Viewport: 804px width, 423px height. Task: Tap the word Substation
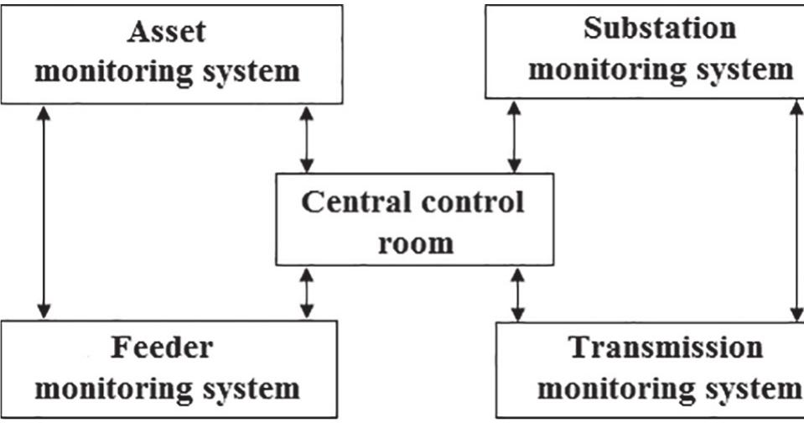[x=660, y=27]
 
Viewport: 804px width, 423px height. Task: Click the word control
[x=475, y=203]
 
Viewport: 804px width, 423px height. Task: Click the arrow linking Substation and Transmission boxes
[x=796, y=211]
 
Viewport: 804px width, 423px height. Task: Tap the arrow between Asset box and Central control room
[x=307, y=138]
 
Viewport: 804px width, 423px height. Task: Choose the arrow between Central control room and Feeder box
[x=307, y=294]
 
